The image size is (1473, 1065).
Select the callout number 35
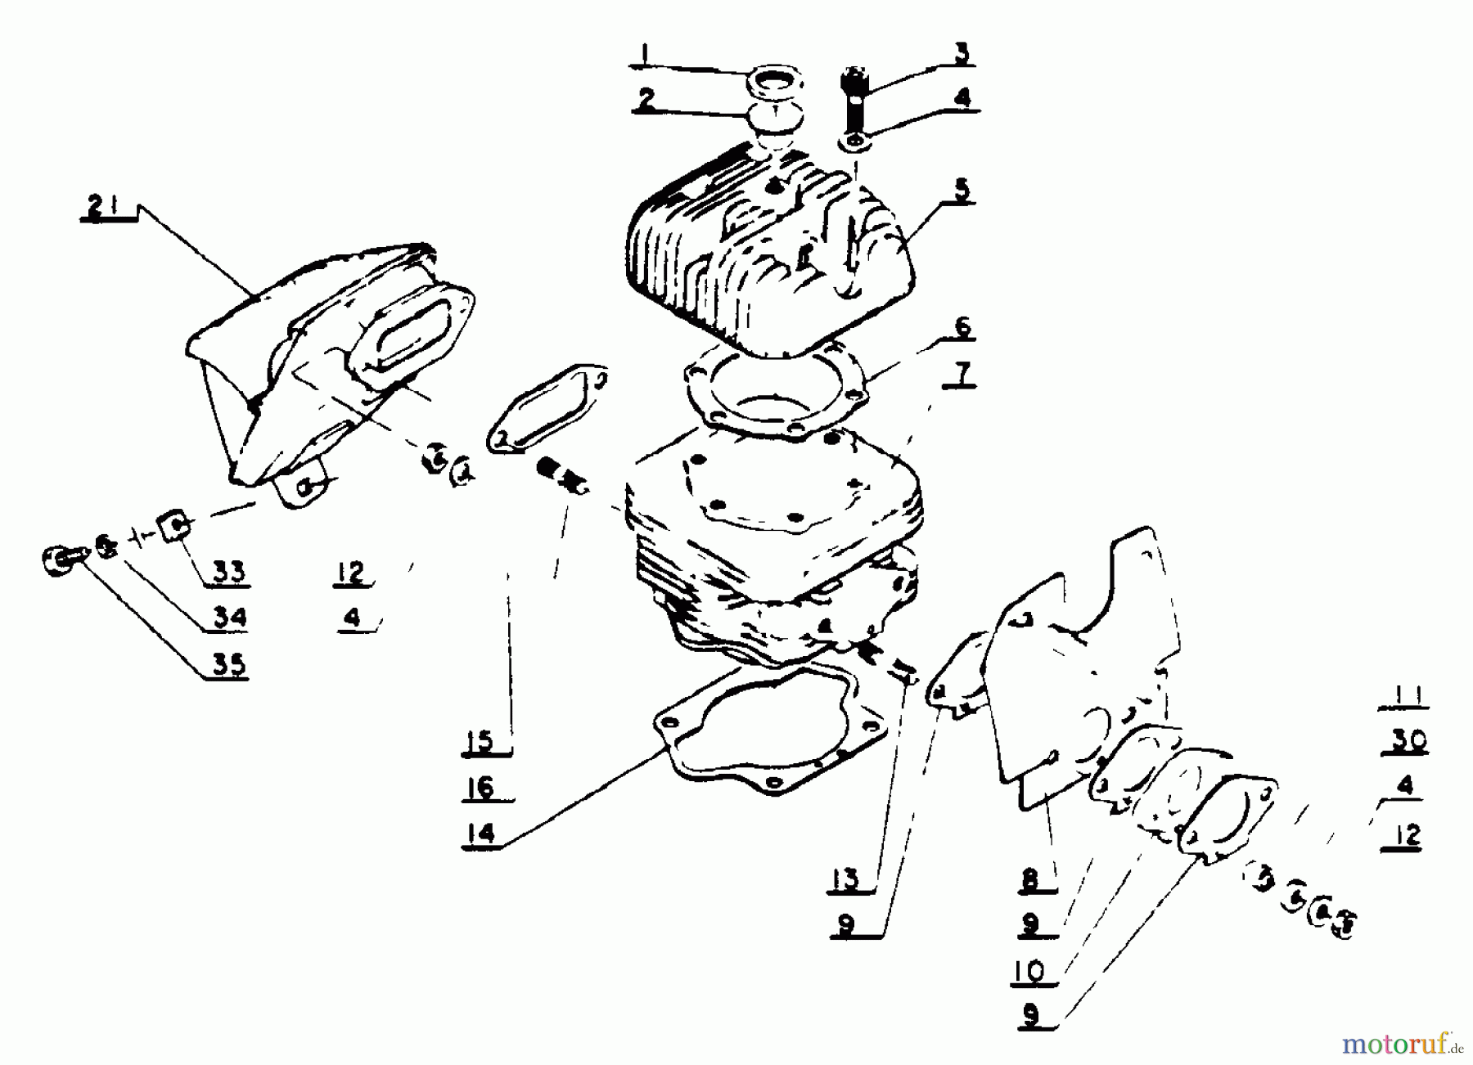[x=228, y=664]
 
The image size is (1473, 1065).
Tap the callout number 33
[x=228, y=572]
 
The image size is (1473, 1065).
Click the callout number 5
[x=962, y=189]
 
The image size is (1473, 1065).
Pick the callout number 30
[x=1404, y=740]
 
